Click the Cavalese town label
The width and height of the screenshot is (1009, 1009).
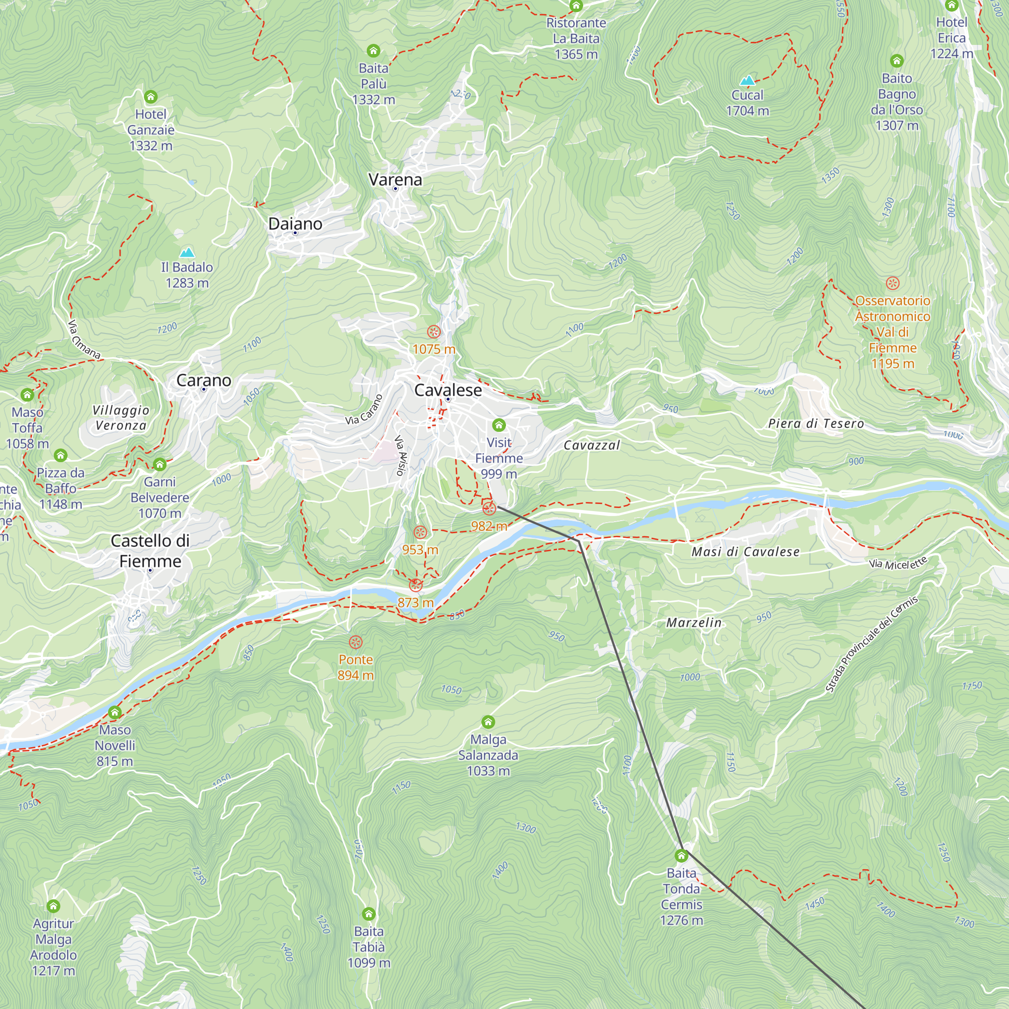click(447, 390)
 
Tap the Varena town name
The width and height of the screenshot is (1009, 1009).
click(395, 180)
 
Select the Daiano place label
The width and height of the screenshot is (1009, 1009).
click(295, 224)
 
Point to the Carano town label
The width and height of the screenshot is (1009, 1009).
click(204, 380)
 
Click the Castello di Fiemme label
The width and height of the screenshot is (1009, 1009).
click(150, 551)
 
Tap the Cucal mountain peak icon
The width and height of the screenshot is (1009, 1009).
click(747, 80)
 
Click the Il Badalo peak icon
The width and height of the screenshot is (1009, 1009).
click(187, 253)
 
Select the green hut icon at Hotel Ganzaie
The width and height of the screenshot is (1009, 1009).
click(150, 97)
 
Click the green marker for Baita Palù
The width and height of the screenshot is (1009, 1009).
click(373, 50)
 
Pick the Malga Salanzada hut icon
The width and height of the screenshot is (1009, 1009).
click(488, 722)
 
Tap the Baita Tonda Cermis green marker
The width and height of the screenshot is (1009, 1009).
click(681, 856)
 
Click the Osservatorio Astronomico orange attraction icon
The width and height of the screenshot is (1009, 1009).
click(892, 283)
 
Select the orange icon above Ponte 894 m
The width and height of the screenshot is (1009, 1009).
click(356, 642)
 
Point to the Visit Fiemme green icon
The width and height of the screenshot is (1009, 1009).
click(499, 425)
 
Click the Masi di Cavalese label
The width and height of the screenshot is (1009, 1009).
click(745, 551)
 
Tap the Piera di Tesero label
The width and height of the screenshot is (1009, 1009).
click(816, 424)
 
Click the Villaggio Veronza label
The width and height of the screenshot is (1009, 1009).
click(121, 417)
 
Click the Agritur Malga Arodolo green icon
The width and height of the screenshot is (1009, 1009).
click(53, 906)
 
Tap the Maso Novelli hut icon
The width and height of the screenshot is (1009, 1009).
click(115, 712)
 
